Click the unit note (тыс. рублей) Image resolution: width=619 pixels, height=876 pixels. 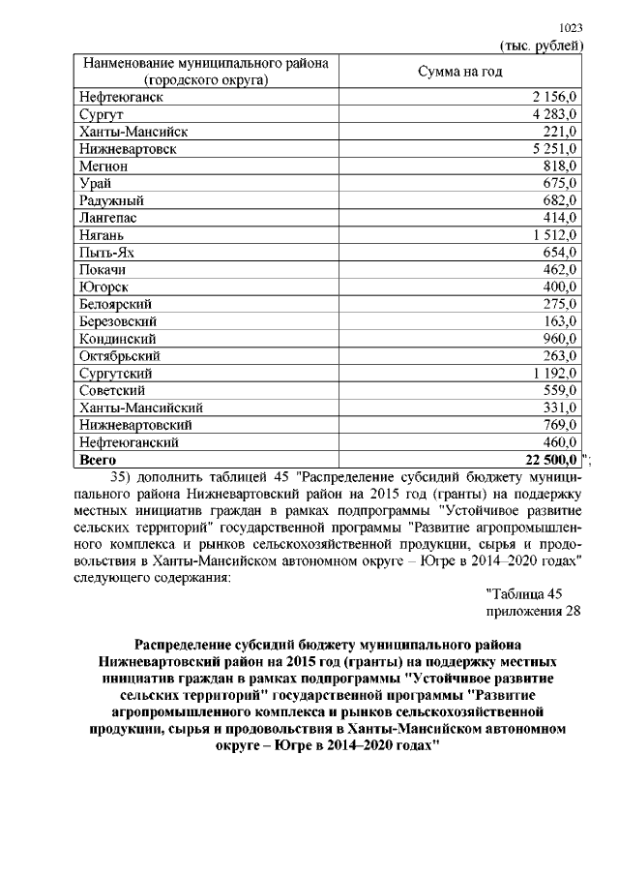(x=541, y=45)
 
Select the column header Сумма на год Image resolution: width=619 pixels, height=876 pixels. (x=460, y=73)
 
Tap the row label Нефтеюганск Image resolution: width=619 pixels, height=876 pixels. (x=121, y=98)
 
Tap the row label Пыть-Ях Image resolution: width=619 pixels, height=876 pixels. (x=106, y=253)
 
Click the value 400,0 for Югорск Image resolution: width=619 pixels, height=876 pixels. (x=559, y=287)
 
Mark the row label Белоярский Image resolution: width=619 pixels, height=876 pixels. (x=119, y=304)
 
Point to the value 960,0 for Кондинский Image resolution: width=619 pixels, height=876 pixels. (x=559, y=339)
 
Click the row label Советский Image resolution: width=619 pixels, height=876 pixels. (x=117, y=390)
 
